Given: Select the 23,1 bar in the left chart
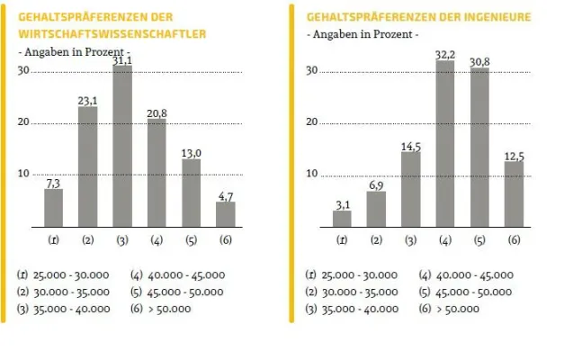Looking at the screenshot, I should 88,166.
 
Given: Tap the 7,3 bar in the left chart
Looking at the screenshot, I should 54,207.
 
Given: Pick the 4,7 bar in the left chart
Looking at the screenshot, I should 225,214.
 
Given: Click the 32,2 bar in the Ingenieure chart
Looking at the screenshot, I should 445,143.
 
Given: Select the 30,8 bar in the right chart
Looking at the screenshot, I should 479,147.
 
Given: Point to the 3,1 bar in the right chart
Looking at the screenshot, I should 343,218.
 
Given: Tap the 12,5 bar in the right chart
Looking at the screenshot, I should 514,193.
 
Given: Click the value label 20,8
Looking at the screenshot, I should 157,112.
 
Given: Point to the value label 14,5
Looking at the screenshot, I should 411,146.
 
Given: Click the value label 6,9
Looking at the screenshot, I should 377,184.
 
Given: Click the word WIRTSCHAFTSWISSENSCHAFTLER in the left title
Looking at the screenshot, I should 112,33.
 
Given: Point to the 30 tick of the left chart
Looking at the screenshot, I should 23,71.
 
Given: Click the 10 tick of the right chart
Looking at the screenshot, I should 311,174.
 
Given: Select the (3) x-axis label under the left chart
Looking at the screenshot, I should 122,240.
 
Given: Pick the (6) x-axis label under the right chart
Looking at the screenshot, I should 514,240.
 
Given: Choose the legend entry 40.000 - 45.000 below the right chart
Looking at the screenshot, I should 466,275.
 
